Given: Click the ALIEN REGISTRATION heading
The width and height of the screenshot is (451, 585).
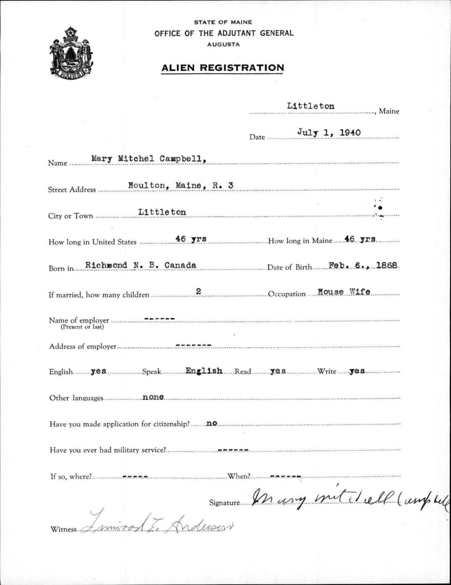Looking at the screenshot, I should [x=222, y=68].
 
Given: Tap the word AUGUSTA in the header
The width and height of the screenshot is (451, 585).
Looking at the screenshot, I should [x=223, y=45].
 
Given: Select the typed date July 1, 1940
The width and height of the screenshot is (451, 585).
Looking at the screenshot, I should [x=329, y=132].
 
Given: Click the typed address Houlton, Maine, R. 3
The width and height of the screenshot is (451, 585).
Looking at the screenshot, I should [x=180, y=186].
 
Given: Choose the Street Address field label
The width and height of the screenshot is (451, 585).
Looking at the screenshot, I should [x=72, y=190].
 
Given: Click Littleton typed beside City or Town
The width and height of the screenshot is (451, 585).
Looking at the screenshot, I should [x=162, y=212].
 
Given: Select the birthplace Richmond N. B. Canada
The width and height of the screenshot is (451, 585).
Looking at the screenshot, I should [x=140, y=265].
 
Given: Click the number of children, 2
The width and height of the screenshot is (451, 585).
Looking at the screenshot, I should [x=199, y=291].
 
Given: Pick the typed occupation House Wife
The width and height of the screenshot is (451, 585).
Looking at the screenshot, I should [x=344, y=291].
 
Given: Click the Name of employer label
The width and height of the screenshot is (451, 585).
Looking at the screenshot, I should [x=79, y=320].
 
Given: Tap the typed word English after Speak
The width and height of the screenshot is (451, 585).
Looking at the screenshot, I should [x=203, y=371].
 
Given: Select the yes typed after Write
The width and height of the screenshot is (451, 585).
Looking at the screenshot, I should [x=357, y=371].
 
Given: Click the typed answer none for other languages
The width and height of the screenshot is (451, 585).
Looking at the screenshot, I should [x=153, y=397].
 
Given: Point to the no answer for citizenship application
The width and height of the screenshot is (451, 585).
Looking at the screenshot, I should [x=212, y=423].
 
